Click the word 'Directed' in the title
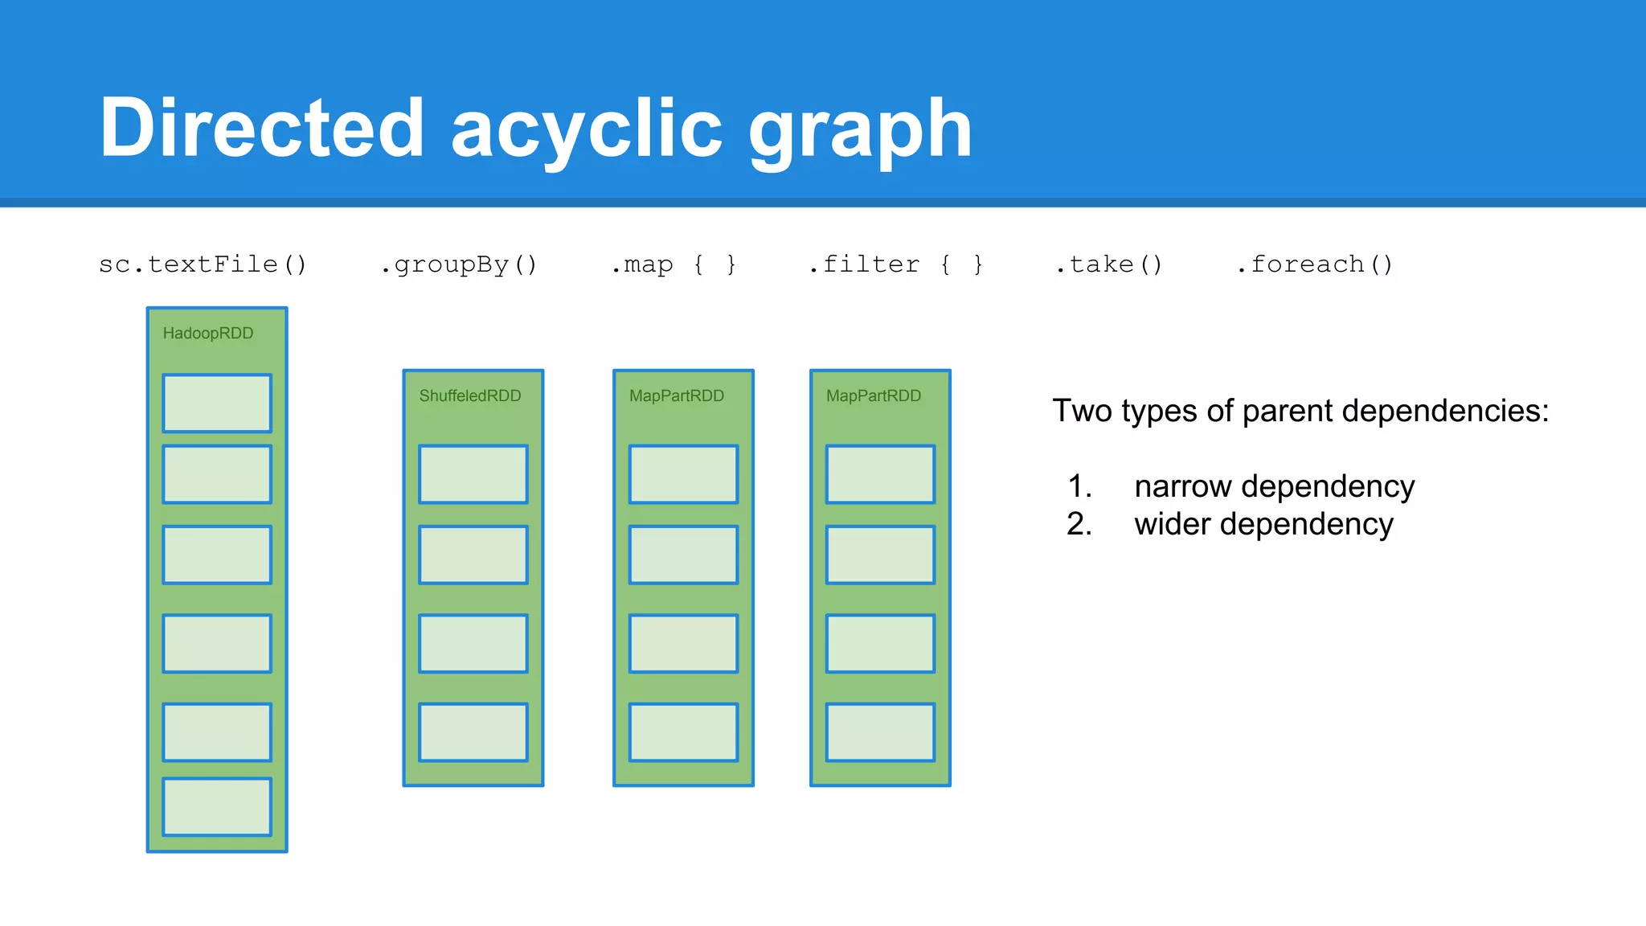tap(261, 129)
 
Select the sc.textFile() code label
tap(203, 264)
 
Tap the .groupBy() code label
tap(458, 264)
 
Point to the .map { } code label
tap(674, 264)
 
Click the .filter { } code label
tap(895, 264)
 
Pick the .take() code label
tap(1108, 264)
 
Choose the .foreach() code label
tap(1314, 264)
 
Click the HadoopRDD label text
tap(207, 334)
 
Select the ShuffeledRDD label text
tap(470, 396)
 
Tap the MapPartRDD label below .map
tap(677, 396)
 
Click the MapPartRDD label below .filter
tap(874, 396)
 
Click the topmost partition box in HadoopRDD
tap(217, 403)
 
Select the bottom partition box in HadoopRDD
tap(217, 806)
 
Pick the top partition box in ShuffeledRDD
tap(473, 474)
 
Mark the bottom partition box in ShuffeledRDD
tap(473, 732)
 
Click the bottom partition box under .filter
tap(880, 732)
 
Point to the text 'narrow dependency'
tap(1274, 486)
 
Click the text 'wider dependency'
tap(1263, 524)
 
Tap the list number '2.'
tap(1079, 524)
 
